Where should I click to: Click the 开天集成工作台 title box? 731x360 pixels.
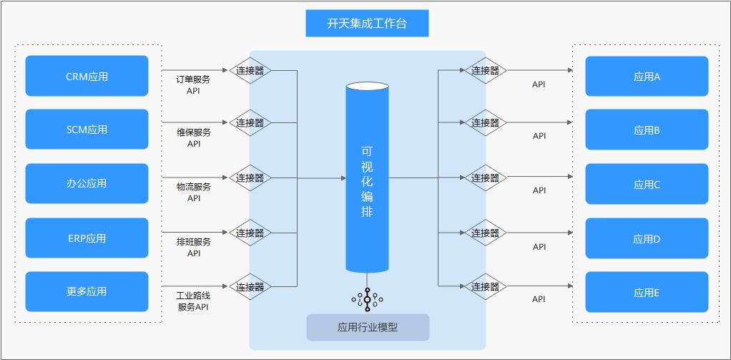point(367,24)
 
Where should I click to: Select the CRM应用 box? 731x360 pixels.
point(87,76)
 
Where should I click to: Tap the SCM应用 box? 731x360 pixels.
point(87,130)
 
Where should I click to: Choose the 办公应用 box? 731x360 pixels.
point(87,183)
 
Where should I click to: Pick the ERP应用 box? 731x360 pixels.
point(87,238)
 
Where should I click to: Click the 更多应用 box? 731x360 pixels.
point(87,291)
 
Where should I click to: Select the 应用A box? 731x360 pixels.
point(647,77)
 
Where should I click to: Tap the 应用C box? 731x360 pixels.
point(647,184)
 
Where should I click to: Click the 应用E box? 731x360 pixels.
point(647,292)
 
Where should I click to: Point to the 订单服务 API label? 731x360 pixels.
point(194,85)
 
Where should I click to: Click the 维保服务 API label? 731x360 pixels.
point(194,138)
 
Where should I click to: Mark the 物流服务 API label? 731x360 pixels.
point(194,193)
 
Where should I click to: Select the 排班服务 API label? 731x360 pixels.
point(194,248)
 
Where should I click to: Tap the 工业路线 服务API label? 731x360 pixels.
point(194,301)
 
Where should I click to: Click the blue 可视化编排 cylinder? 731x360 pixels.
point(367,179)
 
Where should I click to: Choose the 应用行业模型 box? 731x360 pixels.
point(368,327)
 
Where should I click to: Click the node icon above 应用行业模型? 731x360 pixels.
point(368,298)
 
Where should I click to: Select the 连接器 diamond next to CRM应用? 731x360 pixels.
point(250,70)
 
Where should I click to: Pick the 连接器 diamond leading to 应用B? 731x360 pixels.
point(485,123)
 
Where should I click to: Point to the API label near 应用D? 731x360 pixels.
point(539,247)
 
